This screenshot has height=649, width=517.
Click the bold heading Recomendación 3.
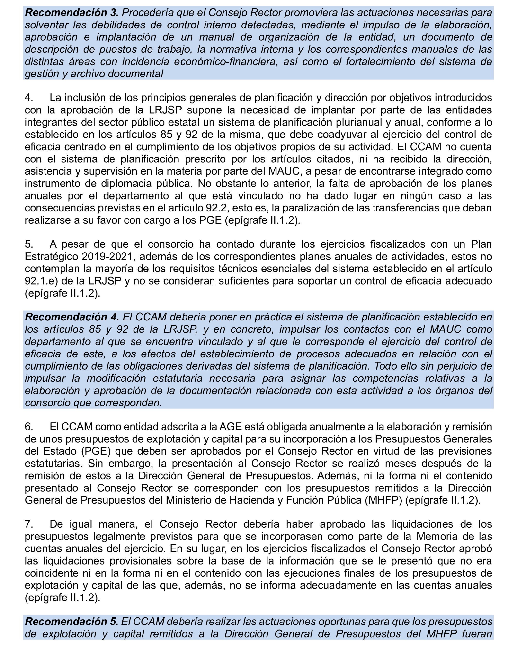click(x=72, y=13)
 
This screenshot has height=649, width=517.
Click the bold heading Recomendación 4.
click(x=72, y=317)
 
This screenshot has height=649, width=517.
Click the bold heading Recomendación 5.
click(x=71, y=621)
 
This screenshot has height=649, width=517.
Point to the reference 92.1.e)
click(x=42, y=281)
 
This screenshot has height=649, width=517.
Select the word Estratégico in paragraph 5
click(x=51, y=256)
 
